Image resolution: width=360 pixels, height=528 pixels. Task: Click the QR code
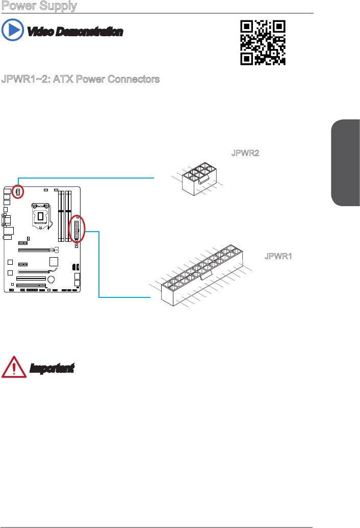[x=263, y=42]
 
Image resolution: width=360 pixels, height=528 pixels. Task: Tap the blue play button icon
[x=12, y=31]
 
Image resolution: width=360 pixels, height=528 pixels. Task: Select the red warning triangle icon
[x=14, y=367]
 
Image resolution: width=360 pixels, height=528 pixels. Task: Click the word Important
[x=52, y=368]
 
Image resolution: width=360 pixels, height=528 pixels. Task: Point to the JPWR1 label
[x=278, y=256]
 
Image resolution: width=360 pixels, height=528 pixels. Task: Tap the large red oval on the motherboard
[x=78, y=231]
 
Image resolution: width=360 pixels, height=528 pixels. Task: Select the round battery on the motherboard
[x=52, y=280]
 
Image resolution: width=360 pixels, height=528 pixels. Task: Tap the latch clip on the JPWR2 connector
[x=202, y=180]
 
